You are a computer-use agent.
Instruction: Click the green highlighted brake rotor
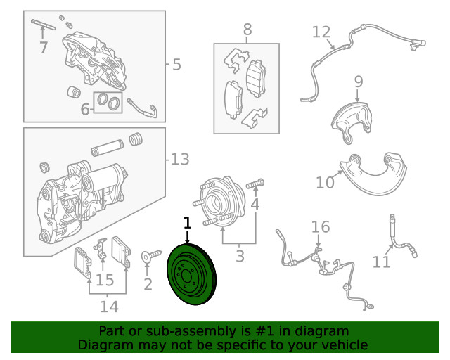click(x=191, y=274)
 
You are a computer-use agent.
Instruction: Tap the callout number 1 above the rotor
click(x=187, y=223)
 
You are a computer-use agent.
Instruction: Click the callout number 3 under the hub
click(x=240, y=256)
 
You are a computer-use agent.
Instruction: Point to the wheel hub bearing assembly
click(x=219, y=202)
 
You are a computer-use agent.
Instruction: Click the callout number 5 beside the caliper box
click(x=176, y=64)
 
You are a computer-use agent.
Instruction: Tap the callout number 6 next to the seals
click(x=85, y=109)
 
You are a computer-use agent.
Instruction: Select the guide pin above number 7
click(x=43, y=24)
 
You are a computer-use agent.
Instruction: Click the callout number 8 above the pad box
click(x=247, y=30)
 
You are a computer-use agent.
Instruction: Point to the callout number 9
click(x=359, y=82)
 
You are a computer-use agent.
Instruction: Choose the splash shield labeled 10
click(x=373, y=174)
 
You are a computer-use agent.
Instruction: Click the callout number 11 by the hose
click(x=381, y=262)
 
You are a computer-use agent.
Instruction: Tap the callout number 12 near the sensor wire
click(x=321, y=32)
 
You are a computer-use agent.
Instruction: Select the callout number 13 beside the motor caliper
click(x=180, y=159)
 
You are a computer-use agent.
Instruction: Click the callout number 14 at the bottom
click(x=109, y=307)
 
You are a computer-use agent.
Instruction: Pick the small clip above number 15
click(x=101, y=247)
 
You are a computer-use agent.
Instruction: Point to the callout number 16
click(x=321, y=227)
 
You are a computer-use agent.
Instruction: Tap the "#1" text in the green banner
click(x=264, y=331)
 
